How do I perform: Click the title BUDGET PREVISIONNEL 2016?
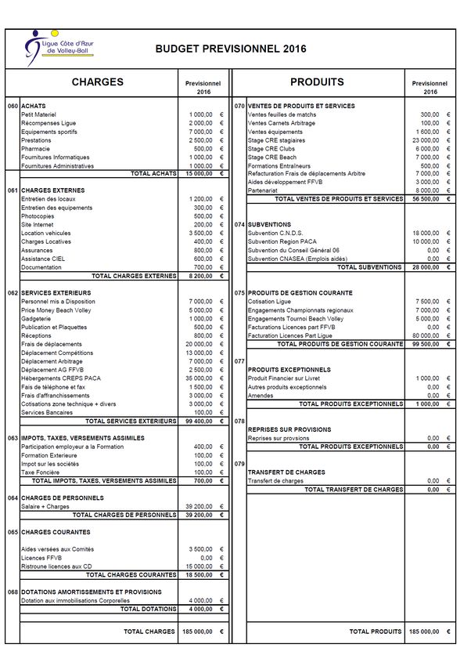pos(231,49)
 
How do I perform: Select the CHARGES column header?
pos(98,82)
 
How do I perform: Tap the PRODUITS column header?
pos(317,82)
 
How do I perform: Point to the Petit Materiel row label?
pos(38,114)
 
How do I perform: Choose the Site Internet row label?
pos(38,225)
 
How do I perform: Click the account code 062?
pos(13,293)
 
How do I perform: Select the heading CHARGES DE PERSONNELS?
pos(62,498)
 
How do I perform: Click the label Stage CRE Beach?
pos(271,157)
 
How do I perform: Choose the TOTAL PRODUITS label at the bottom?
pos(376,632)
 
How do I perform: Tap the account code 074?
pos(239,225)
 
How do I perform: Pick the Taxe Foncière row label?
pos(41,472)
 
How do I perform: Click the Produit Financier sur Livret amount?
pos(428,378)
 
